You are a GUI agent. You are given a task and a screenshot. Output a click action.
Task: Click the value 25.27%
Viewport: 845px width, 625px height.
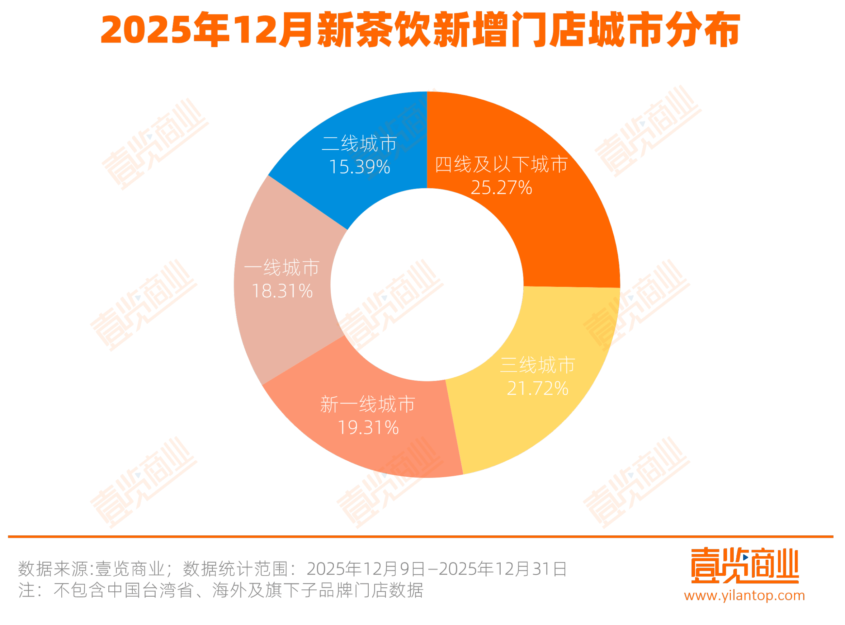(501, 188)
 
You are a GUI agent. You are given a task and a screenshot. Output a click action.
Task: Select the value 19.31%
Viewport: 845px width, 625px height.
(368, 428)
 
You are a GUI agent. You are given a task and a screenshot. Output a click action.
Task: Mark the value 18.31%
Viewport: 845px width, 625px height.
(282, 291)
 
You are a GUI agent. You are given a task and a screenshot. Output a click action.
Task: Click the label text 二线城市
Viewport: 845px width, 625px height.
(359, 144)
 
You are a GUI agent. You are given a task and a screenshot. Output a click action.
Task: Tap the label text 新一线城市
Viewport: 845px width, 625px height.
(368, 404)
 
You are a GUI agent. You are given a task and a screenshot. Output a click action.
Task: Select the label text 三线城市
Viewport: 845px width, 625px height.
(538, 365)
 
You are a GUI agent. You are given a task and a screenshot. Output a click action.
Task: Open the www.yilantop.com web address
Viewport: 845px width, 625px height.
(744, 596)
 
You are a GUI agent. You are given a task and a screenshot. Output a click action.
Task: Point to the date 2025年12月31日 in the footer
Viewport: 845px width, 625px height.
(503, 569)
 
